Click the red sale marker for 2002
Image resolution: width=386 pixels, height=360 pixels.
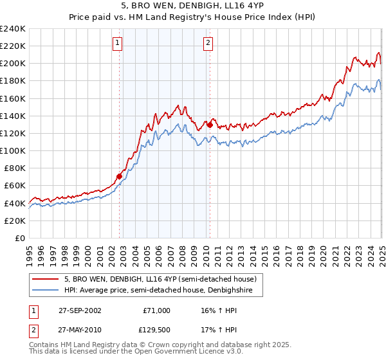tap(119, 175)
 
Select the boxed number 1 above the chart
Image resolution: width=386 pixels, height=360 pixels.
tap(118, 44)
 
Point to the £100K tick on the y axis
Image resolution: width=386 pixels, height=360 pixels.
tap(13, 150)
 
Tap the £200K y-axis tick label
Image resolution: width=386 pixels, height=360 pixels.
tap(13, 63)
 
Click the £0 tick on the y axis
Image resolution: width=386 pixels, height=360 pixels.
tap(19, 238)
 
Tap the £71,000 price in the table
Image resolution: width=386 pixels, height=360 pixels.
tap(156, 310)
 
